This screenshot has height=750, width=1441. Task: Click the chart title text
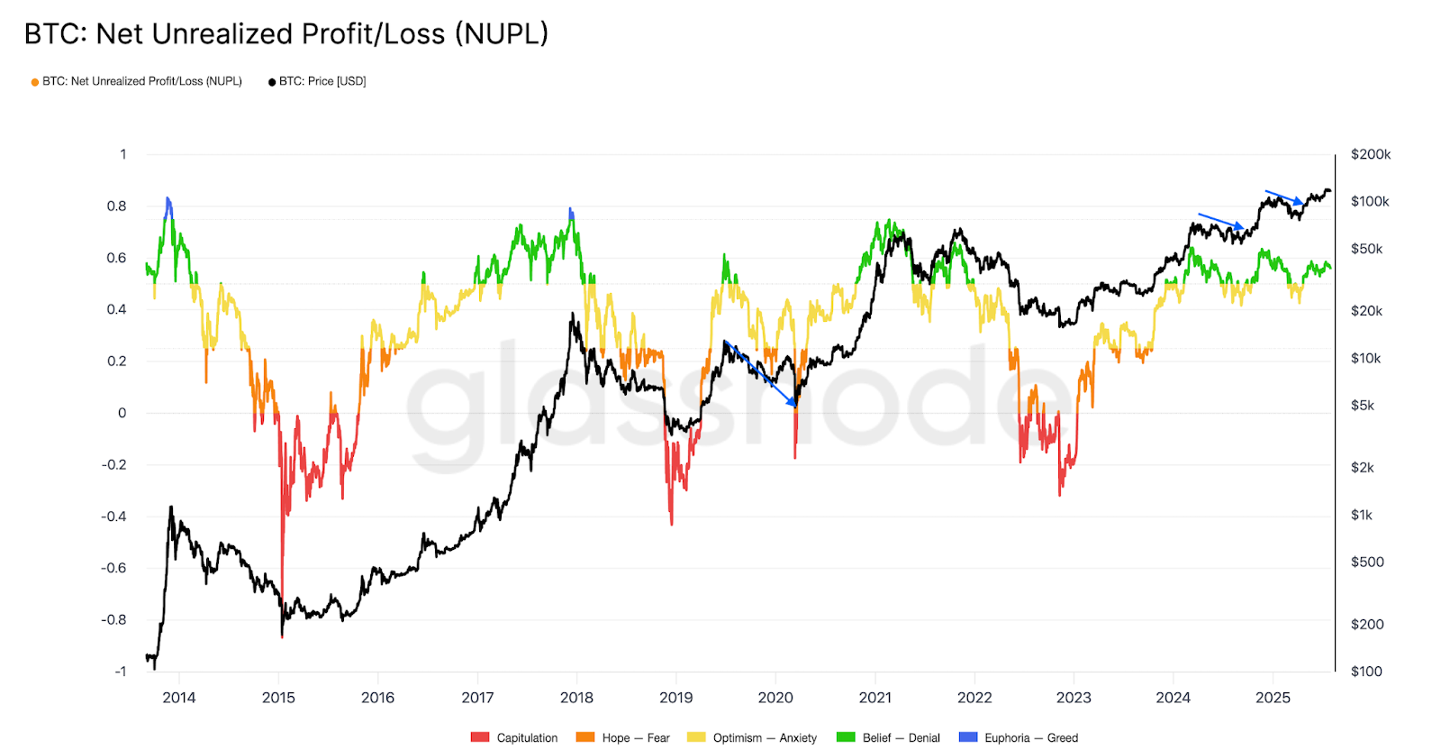pyautogui.click(x=285, y=34)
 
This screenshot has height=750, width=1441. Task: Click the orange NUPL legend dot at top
pyautogui.click(x=35, y=82)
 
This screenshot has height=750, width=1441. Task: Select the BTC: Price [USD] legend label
pyautogui.click(x=322, y=81)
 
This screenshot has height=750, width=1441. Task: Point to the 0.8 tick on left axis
pyautogui.click(x=117, y=206)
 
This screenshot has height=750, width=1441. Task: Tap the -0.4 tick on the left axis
pyautogui.click(x=113, y=517)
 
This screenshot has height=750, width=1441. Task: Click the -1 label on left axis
pyautogui.click(x=120, y=672)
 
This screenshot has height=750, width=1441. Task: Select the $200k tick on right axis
pyautogui.click(x=1370, y=155)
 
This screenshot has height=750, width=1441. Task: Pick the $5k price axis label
pyautogui.click(x=1362, y=406)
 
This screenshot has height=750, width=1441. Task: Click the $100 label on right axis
pyautogui.click(x=1366, y=672)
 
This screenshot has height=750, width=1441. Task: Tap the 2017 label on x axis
pyautogui.click(x=477, y=698)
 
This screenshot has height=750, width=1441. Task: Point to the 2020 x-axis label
pyautogui.click(x=775, y=698)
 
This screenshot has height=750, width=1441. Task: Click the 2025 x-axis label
pyautogui.click(x=1273, y=698)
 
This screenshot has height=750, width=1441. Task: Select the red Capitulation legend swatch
pyautogui.click(x=480, y=737)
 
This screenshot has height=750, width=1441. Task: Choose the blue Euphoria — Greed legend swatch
pyautogui.click(x=968, y=737)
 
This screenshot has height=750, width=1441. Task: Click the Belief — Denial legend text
pyautogui.click(x=901, y=738)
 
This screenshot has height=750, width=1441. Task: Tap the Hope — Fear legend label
pyautogui.click(x=636, y=738)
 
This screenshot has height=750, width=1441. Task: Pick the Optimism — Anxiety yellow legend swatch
pyautogui.click(x=696, y=737)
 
